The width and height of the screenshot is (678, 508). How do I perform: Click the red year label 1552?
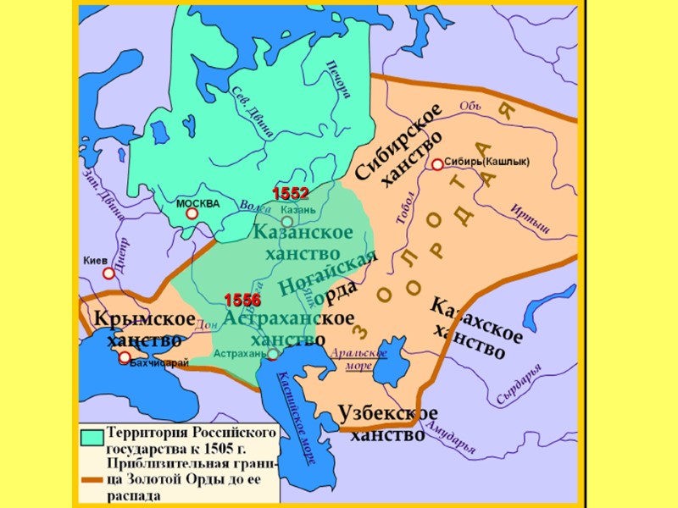pos(290,193)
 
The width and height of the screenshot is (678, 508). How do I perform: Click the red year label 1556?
pos(242,301)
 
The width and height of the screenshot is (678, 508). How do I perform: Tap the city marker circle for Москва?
pos(192,214)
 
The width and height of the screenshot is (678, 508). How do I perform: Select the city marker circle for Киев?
pos(108,273)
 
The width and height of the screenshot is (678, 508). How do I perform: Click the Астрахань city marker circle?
pos(273,355)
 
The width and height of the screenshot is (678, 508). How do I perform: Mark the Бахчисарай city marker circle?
pos(125,357)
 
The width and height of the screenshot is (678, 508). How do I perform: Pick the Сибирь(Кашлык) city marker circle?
pos(437,165)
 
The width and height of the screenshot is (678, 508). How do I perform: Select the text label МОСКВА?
pos(197,204)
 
